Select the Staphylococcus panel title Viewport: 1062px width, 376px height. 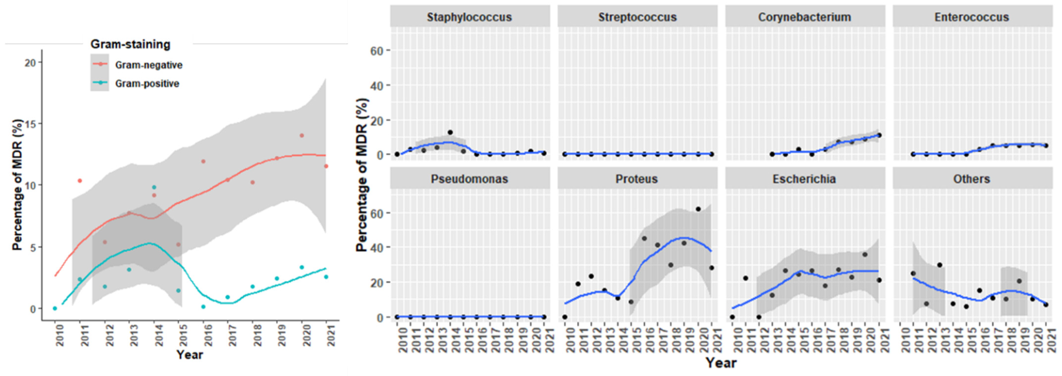[x=469, y=17]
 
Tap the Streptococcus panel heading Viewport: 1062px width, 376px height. [x=637, y=17]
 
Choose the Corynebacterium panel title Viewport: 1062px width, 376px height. [x=804, y=17]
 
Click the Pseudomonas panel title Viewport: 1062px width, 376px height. [x=469, y=179]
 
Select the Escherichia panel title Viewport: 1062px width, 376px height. [x=804, y=179]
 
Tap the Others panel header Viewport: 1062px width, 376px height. [x=971, y=179]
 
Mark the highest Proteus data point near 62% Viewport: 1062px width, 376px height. [x=698, y=209]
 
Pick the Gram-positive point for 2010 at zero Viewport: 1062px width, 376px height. [x=55, y=308]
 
